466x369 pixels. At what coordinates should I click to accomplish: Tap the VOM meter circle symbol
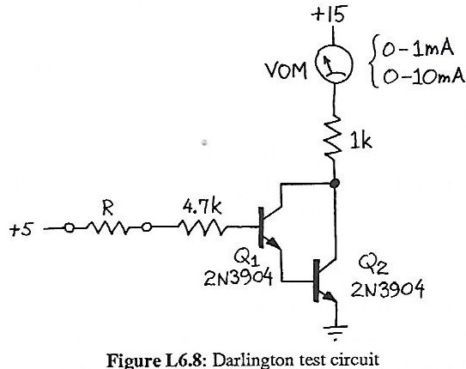(333, 65)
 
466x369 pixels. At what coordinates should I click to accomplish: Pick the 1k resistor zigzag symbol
(333, 136)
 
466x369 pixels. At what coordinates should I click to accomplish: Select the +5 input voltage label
(19, 229)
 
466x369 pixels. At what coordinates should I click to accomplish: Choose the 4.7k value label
(203, 207)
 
